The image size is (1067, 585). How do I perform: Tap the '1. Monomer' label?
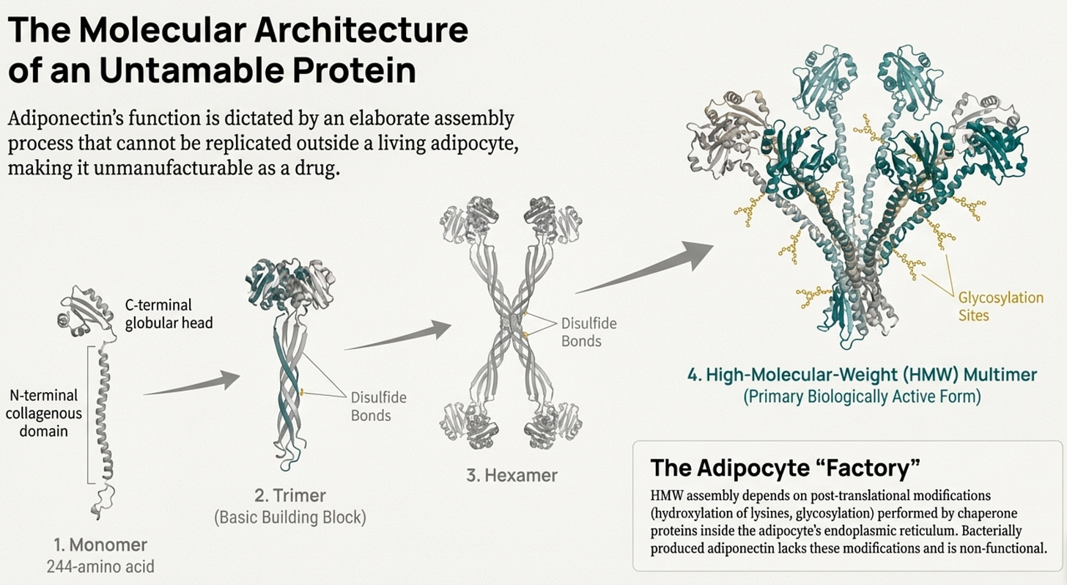pos(100,545)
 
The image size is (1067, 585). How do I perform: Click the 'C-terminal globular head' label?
pos(168,314)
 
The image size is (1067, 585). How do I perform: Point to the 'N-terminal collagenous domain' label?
pos(46,413)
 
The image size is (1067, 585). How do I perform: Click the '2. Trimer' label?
pos(290,495)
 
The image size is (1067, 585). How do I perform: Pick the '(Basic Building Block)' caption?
pos(290,517)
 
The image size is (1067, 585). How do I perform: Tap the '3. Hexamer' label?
pos(512,474)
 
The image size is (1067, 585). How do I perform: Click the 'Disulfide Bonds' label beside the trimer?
pos(378,406)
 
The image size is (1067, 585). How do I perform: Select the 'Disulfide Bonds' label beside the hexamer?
pos(588,331)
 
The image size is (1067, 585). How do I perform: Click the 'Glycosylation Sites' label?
pos(1000,306)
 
